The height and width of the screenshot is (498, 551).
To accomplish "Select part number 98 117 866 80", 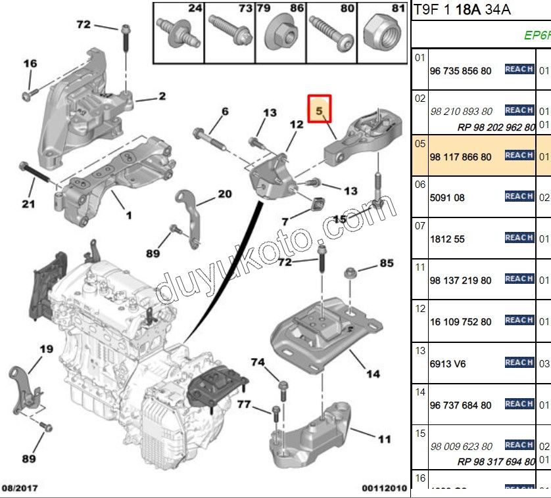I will [x=460, y=157].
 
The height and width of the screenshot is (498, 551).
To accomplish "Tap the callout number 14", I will [x=373, y=374].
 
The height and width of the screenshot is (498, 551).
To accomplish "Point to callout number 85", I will [x=386, y=263].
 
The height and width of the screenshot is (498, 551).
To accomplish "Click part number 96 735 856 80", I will [x=460, y=71].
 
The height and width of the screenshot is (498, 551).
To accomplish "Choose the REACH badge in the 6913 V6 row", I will [x=519, y=363].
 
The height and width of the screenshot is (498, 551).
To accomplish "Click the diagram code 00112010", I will [x=385, y=488].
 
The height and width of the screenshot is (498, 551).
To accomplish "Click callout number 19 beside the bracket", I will [x=45, y=350].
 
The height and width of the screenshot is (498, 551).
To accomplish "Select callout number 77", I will [x=244, y=405].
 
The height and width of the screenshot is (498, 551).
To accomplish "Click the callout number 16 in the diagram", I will [x=31, y=64].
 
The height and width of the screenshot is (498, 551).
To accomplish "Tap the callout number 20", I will [x=225, y=194].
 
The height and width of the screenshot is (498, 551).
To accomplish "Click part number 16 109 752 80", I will [x=460, y=322].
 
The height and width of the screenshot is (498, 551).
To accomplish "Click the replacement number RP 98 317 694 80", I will [x=496, y=462].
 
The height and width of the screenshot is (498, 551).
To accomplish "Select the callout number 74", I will [x=258, y=362].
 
